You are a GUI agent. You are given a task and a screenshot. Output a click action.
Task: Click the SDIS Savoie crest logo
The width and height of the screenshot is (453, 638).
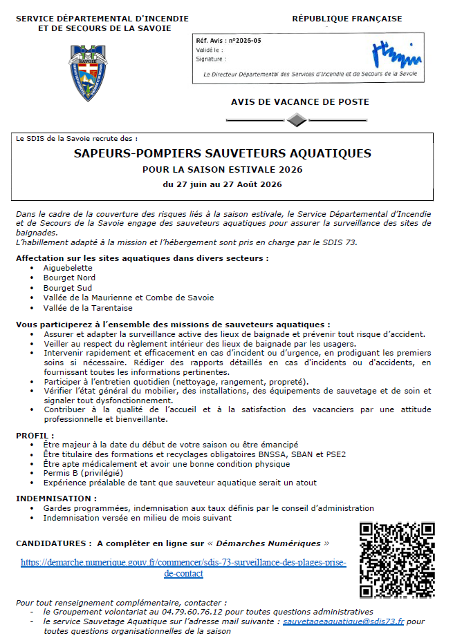coord(88,72)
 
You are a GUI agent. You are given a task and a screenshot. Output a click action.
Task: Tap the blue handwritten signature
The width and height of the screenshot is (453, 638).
coord(396,52)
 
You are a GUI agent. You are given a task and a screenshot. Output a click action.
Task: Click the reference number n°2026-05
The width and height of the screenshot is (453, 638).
coord(245,41)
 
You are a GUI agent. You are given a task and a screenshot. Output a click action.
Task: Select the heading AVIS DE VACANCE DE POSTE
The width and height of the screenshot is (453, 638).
coord(300,102)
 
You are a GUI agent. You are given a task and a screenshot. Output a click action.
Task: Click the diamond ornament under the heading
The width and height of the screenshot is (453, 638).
coord(297,120)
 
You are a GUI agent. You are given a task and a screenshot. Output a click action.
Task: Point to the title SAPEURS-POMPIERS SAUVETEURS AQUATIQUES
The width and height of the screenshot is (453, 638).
coord(222,154)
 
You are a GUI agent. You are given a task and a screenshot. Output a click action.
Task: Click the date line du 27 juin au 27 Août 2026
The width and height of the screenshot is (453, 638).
coord(222,184)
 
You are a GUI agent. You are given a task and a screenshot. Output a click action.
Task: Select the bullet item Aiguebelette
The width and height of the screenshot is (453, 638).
coord(68,267)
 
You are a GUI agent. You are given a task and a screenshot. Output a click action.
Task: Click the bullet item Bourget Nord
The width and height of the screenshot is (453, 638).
coord(69,278)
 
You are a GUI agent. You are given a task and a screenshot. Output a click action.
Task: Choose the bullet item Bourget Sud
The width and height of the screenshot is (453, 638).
coord(67,287)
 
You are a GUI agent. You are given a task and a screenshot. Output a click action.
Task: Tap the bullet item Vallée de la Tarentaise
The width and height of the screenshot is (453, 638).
coord(87,308)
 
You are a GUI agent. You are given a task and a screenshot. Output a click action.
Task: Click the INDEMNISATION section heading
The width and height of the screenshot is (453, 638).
coord(56,498)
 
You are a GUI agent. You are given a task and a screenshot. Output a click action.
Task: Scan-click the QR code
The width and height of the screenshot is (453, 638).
coord(397,559)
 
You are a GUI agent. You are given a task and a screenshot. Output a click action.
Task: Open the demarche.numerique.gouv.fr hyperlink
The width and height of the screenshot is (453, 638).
coord(183,562)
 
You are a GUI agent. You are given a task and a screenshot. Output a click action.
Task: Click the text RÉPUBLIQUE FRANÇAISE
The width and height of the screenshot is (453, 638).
coord(346,19)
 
